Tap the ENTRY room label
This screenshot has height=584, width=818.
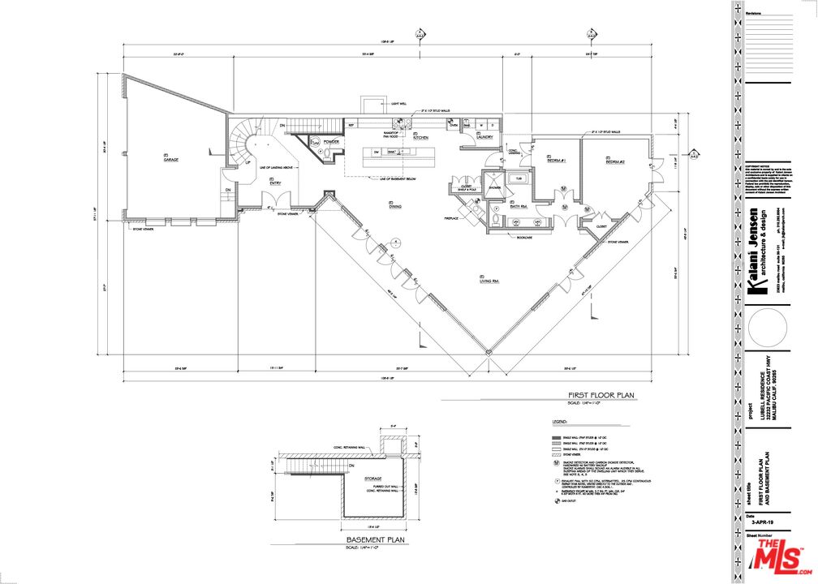pyautogui.click(x=274, y=182)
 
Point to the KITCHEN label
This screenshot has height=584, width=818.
pyautogui.click(x=420, y=138)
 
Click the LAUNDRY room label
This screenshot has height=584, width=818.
pyautogui.click(x=485, y=138)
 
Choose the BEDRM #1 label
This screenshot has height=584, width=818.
pyautogui.click(x=557, y=161)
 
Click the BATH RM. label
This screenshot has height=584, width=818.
pyautogui.click(x=519, y=207)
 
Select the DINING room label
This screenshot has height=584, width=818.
pyautogui.click(x=396, y=206)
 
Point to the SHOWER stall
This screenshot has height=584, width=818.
pyautogui.click(x=494, y=187)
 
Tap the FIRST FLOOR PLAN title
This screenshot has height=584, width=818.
pyautogui.click(x=601, y=396)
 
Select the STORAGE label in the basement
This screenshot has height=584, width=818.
pyautogui.click(x=374, y=479)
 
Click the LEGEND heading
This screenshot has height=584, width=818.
pyautogui.click(x=559, y=423)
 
